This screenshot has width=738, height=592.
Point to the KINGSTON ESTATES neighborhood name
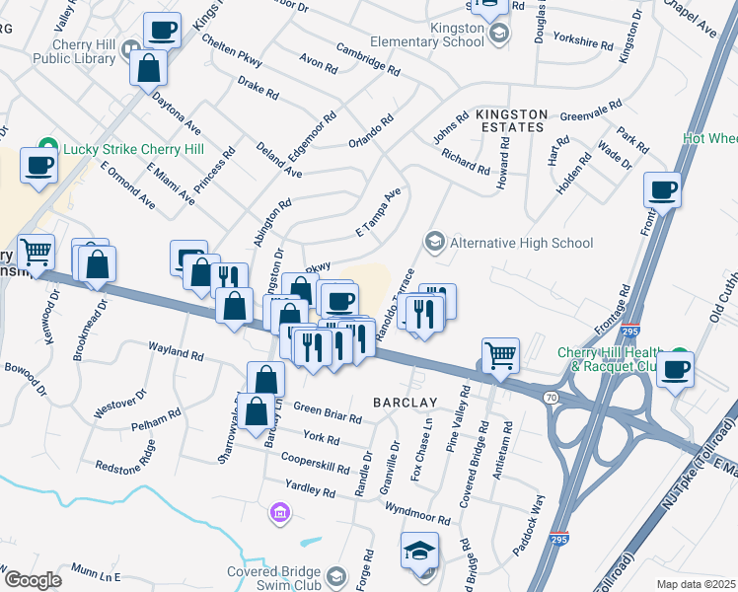pyautogui.click(x=510, y=120)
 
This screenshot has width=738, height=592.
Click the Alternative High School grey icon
pyautogui.click(x=432, y=242)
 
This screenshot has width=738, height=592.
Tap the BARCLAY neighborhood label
pyautogui.click(x=405, y=403)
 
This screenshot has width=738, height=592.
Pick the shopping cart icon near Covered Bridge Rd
pyautogui.click(x=500, y=355)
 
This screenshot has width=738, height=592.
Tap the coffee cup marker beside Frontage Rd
pyautogui.click(x=662, y=189)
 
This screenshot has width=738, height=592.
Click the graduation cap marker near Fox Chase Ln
pyautogui.click(x=419, y=550)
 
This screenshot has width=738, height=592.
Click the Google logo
pyautogui.click(x=33, y=580)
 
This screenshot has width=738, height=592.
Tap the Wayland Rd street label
pyautogui.click(x=176, y=350)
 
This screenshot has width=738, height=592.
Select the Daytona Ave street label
pyautogui.click(x=177, y=114)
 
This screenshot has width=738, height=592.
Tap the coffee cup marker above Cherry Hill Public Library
pyautogui.click(x=161, y=30)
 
